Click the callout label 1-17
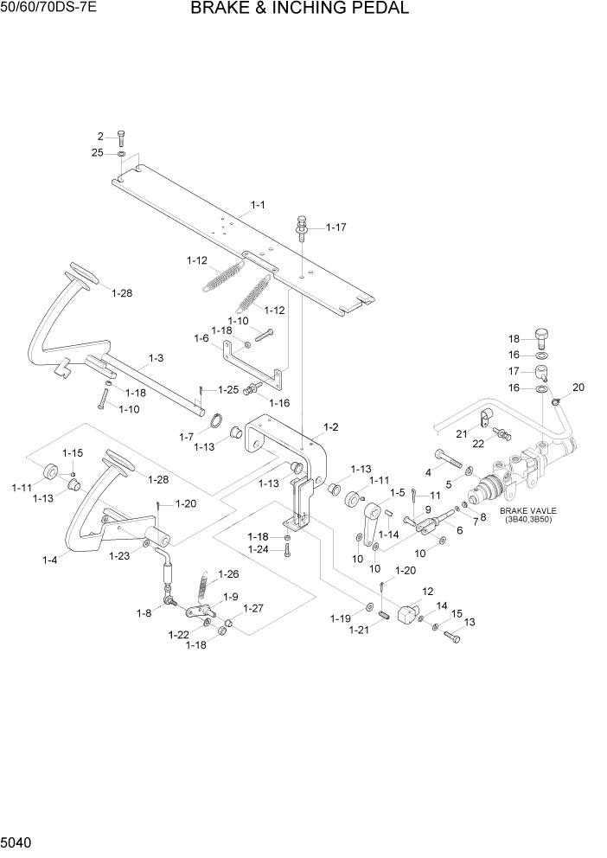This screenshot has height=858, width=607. pos(335,227)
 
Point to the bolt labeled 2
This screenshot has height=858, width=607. pos(121,137)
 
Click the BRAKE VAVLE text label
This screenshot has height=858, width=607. pos(525,511)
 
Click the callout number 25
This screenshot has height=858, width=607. pos(98,153)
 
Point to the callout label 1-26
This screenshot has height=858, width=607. pos(227,573)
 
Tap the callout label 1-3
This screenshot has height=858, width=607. pos(157,357)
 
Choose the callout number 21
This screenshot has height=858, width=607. pos(462,433)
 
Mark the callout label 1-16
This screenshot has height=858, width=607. pos(279,403)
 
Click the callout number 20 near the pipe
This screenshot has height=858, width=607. pos(578,387)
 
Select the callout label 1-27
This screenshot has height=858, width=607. pos(252,608)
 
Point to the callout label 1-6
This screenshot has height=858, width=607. pos(201,338)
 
